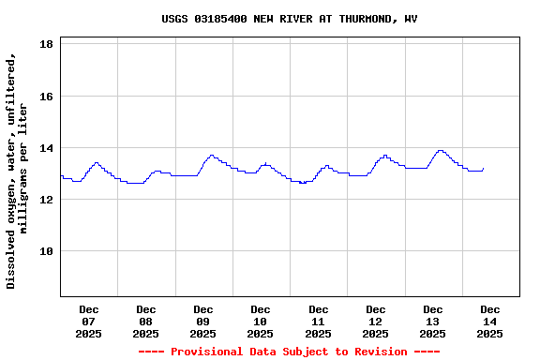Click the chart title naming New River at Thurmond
click(290, 19)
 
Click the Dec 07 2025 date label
click(89, 322)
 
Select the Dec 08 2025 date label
click(146, 322)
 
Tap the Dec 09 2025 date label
click(203, 322)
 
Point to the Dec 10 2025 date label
click(261, 322)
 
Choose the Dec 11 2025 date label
click(319, 322)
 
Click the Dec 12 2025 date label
click(376, 322)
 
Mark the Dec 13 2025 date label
click(433, 322)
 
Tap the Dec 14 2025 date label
click(490, 322)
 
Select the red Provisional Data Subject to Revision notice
click(290, 352)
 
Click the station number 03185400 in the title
click(220, 19)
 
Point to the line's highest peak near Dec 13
click(440, 150)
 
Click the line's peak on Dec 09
click(212, 156)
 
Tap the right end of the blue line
click(484, 169)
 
